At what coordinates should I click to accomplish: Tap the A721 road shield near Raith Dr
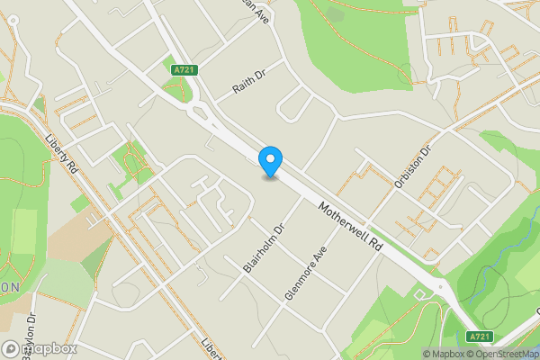click(183, 68)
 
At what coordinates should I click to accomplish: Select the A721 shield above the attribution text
click(479, 336)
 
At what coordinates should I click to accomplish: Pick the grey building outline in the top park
click(336, 13)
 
